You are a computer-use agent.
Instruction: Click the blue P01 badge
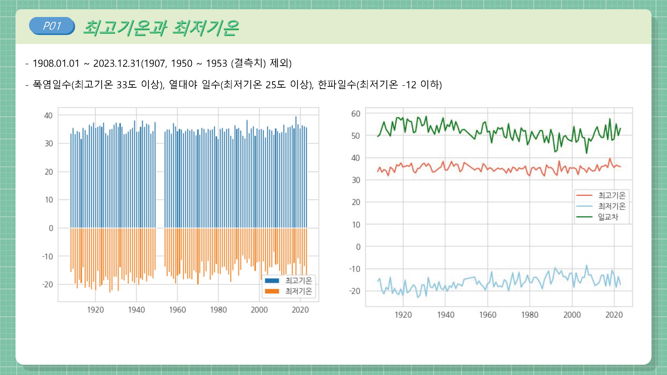tap(52, 26)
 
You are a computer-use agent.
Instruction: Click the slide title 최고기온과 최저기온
tap(161, 28)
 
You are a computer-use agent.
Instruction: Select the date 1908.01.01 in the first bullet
tap(56, 63)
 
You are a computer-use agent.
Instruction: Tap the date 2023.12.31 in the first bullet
tap(117, 63)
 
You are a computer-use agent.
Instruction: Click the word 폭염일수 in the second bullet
tap(52, 84)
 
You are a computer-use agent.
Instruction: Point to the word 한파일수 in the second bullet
tap(337, 84)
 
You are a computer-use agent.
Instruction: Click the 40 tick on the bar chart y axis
tap(49, 115)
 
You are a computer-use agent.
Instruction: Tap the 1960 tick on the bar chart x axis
tap(177, 310)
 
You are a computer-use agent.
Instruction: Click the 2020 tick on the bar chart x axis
tap(300, 310)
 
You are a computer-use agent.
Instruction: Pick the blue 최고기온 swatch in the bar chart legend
tap(272, 280)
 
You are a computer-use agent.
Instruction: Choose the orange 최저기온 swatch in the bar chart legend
tap(272, 291)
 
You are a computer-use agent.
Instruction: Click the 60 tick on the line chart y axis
tap(356, 113)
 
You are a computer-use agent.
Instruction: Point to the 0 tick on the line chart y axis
tap(358, 247)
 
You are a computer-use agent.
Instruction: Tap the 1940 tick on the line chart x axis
tap(445, 315)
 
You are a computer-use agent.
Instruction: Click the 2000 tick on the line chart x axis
tap(572, 315)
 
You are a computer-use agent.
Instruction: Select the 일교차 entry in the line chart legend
tap(608, 217)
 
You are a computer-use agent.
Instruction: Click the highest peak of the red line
tap(610, 158)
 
